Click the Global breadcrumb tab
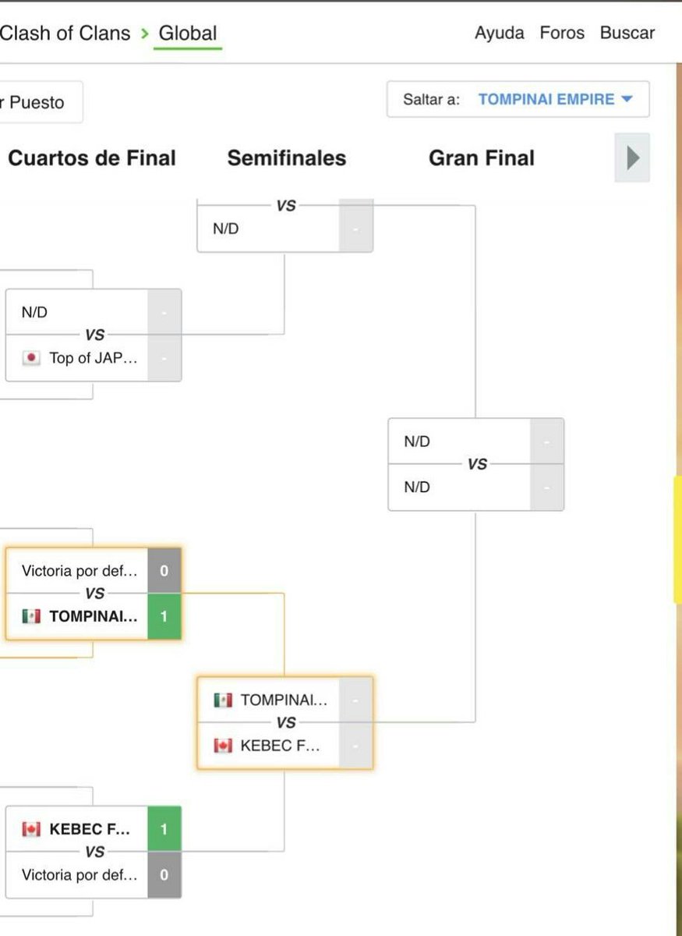(x=188, y=34)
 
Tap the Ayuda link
(x=499, y=33)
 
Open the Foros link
(x=562, y=33)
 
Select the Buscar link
(x=627, y=33)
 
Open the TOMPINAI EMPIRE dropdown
(x=555, y=100)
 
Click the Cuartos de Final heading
(x=92, y=158)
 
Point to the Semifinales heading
(x=287, y=158)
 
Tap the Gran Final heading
(x=482, y=158)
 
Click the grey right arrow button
(x=632, y=158)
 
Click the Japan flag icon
(x=31, y=358)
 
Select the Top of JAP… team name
(x=93, y=358)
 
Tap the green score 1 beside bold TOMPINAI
(x=164, y=616)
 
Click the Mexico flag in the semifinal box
(x=223, y=700)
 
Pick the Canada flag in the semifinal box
(x=223, y=746)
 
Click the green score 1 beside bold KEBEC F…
(x=164, y=828)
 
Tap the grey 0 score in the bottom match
(x=164, y=874)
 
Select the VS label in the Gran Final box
(x=477, y=464)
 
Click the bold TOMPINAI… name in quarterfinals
(x=93, y=616)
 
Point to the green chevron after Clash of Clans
(x=145, y=34)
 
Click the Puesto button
(x=37, y=102)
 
